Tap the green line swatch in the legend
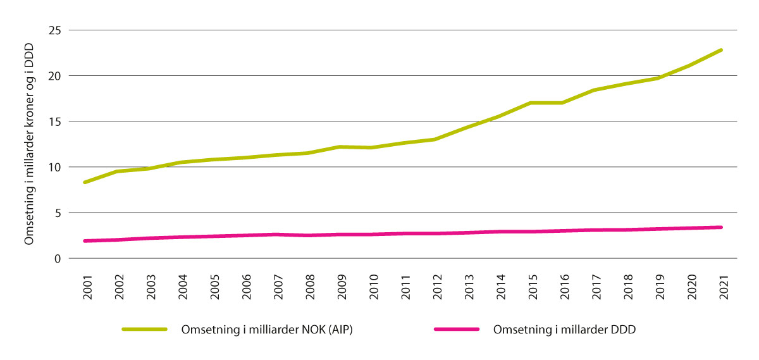pos(144,329)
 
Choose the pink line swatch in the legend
pos(455,329)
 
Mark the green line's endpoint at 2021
pos(721,50)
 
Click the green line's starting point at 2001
pos(84,182)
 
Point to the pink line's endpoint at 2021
pos(721,227)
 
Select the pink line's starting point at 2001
pos(84,241)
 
